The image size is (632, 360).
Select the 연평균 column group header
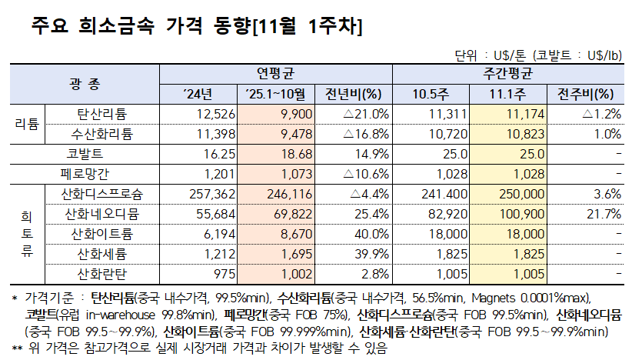click(x=275, y=74)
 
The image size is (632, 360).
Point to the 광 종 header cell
click(x=84, y=84)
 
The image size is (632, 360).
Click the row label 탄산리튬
click(x=102, y=114)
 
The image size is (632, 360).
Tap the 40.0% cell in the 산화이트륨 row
click(x=370, y=233)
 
